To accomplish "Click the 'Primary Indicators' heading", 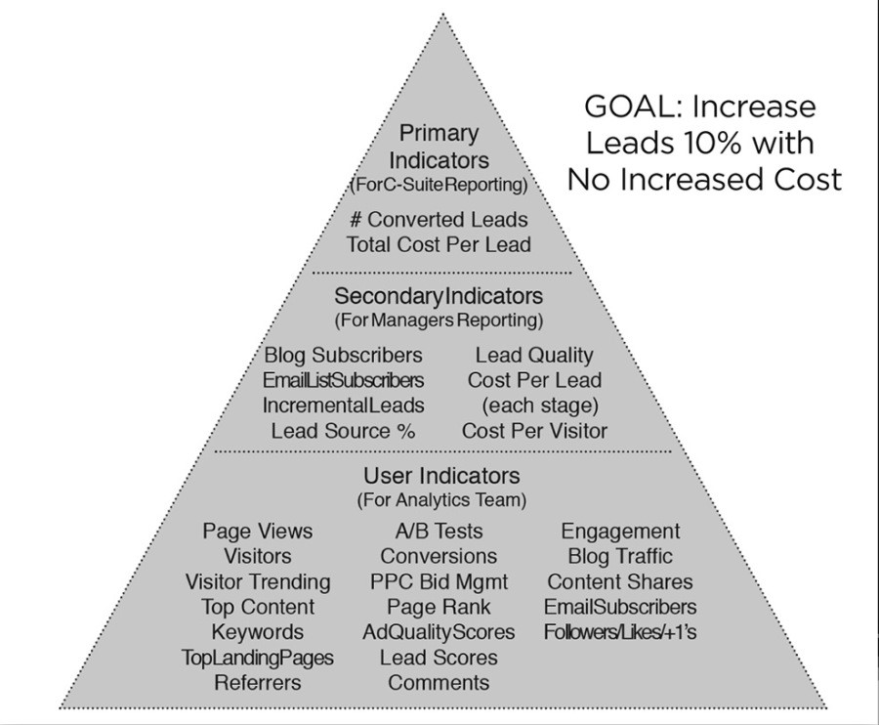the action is [x=439, y=147].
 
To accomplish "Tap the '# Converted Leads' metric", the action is [x=439, y=219].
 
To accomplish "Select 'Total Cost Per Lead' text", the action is [x=439, y=244].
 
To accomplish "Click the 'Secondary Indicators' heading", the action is [x=439, y=295].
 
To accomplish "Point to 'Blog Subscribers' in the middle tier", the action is [x=343, y=355].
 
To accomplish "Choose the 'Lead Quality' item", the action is [x=534, y=355].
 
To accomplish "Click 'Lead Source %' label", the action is [x=343, y=431].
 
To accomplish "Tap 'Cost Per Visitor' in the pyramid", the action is [x=534, y=431].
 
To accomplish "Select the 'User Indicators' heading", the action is [x=441, y=476].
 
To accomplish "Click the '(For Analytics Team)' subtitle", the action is [x=441, y=499].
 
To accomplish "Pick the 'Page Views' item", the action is [x=257, y=531].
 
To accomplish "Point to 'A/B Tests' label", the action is [x=439, y=531].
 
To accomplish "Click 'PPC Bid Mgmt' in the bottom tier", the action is [x=439, y=581].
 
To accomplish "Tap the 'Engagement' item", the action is [x=620, y=531].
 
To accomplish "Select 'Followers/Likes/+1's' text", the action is [x=620, y=632].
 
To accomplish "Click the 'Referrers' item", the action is [x=257, y=682].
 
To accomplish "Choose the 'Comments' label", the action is [x=439, y=682].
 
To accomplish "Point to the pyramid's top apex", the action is [x=442, y=13].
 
